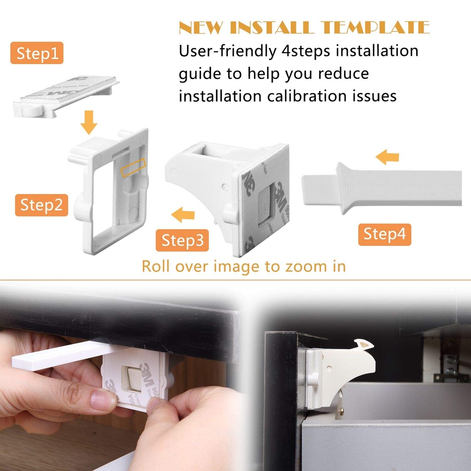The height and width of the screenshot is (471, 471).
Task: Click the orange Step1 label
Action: [37, 53]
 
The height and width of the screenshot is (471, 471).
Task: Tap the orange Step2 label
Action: [41, 205]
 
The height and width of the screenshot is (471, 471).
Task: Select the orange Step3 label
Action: [182, 241]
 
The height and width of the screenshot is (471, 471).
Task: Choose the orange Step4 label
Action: [385, 234]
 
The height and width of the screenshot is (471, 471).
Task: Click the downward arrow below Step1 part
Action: [88, 123]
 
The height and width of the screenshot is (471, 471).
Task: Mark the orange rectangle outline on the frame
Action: [133, 168]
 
